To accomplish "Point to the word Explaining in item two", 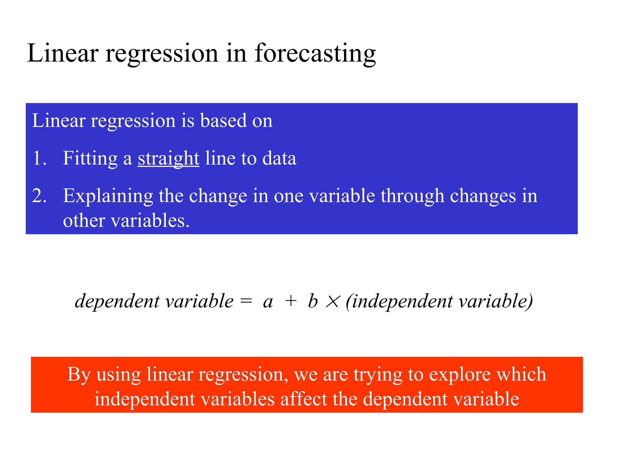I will click(x=108, y=196).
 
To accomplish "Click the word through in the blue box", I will click(x=412, y=196).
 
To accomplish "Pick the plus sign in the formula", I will click(x=291, y=301).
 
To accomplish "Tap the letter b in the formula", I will click(x=313, y=301).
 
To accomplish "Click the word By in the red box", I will click(x=79, y=375).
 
